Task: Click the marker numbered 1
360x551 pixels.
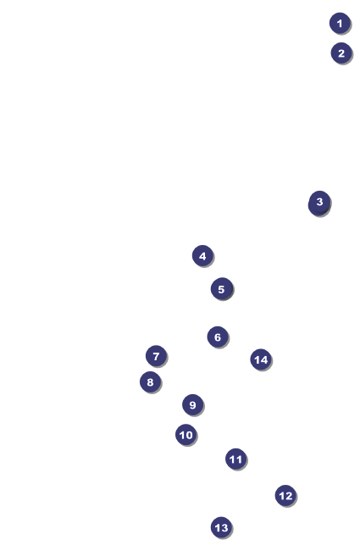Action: click(340, 23)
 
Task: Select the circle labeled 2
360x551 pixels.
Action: click(341, 53)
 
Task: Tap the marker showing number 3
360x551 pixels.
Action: click(319, 202)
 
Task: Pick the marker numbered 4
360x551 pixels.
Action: click(202, 256)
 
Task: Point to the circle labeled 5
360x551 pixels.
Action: click(221, 289)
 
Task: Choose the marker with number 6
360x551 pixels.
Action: click(218, 337)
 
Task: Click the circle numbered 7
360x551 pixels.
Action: click(157, 356)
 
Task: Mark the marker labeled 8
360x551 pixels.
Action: click(150, 382)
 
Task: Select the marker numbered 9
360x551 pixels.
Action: click(193, 405)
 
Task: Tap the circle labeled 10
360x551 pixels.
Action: click(186, 435)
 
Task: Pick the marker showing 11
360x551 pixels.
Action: click(236, 459)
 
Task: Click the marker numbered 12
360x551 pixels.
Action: click(285, 496)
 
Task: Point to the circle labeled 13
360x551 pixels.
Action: click(221, 527)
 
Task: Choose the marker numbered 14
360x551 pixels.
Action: click(261, 359)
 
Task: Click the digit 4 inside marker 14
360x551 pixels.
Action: click(263, 359)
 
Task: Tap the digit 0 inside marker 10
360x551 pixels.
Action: click(189, 435)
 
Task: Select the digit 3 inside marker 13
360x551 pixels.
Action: click(224, 527)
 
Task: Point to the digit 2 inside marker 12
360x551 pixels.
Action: click(288, 496)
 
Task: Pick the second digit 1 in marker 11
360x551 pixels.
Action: click(239, 459)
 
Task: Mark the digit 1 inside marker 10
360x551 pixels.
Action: click(182, 435)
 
